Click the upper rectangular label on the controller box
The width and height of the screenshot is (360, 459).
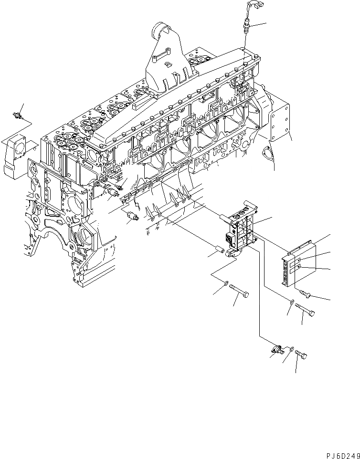(297, 261)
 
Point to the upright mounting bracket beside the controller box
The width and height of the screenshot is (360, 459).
(241, 229)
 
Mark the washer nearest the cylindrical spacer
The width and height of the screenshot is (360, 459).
(226, 286)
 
